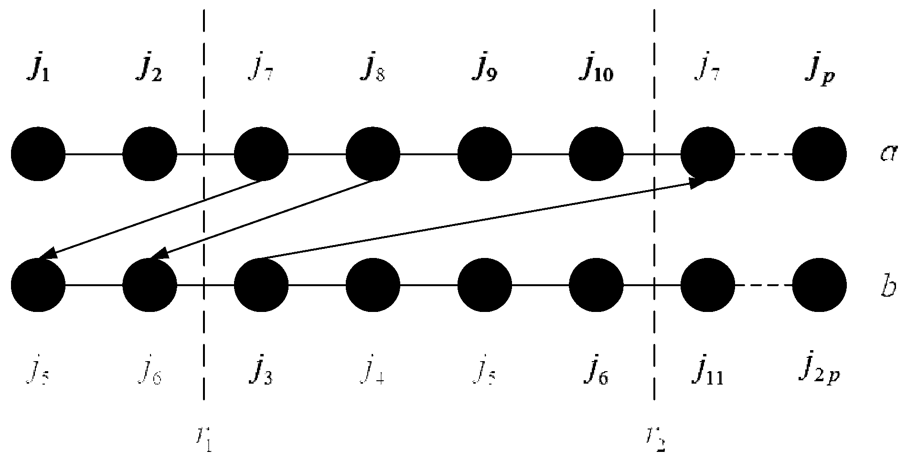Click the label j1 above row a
39,71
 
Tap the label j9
485,71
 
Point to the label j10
597,71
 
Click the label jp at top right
819,71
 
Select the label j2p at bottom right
820,370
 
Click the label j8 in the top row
373,71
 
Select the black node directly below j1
38,154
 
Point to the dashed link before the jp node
764,154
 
